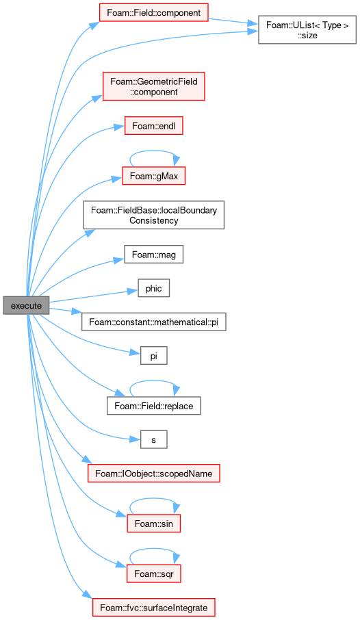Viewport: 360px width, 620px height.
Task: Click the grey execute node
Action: tap(26, 306)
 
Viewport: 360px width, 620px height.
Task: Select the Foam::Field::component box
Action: tap(153, 12)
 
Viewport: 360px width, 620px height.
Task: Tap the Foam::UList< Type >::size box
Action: tap(307, 29)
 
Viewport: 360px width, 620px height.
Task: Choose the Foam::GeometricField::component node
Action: tap(153, 86)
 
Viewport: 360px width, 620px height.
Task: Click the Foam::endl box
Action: tap(153, 126)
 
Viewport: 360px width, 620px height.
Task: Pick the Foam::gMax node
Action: tap(153, 176)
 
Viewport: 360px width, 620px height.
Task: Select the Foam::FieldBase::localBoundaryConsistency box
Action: tap(153, 215)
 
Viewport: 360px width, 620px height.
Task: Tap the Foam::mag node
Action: tap(153, 255)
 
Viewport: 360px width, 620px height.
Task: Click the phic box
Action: tap(153, 288)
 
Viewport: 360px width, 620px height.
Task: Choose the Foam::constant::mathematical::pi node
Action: tap(153, 322)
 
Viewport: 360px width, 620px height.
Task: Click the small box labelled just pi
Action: tap(153, 356)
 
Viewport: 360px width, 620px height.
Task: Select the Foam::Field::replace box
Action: tap(153, 406)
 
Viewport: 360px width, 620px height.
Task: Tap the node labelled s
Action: tap(153, 439)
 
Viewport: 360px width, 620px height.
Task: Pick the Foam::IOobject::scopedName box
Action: tap(153, 474)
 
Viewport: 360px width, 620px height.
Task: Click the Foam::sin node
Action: tap(153, 523)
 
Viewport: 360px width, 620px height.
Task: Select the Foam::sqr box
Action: tap(153, 573)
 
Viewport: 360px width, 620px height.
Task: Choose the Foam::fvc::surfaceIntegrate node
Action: tap(153, 608)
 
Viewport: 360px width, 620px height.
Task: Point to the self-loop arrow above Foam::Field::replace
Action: tap(154, 380)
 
